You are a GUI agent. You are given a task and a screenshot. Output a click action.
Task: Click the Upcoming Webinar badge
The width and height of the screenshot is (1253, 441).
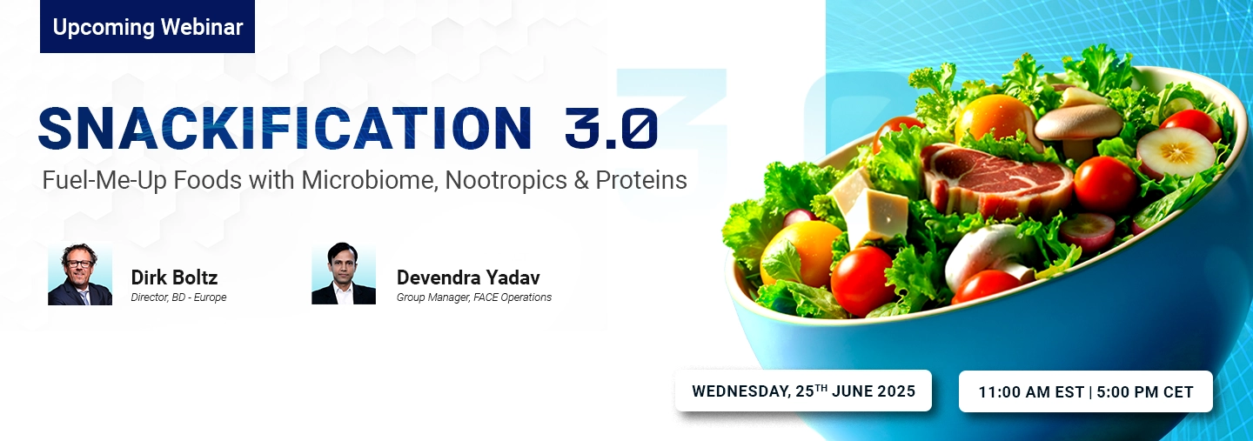(x=147, y=27)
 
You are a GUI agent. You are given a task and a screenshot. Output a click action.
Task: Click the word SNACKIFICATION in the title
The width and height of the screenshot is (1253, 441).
(x=285, y=129)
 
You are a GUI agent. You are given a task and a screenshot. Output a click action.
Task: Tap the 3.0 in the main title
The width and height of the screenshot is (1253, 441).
(x=611, y=129)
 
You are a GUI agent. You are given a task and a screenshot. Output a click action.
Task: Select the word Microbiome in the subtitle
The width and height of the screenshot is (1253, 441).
(x=369, y=181)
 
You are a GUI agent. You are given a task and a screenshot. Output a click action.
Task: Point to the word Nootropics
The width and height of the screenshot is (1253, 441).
(x=506, y=181)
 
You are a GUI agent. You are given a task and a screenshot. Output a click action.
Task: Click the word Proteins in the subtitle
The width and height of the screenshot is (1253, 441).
(x=641, y=181)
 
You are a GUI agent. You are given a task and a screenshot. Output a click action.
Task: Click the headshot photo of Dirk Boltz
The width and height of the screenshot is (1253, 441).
(x=80, y=273)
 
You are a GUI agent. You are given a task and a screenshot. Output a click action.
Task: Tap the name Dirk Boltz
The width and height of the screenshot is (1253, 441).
(x=174, y=277)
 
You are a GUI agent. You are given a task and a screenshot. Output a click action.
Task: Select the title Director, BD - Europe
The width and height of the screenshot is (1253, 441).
(x=178, y=297)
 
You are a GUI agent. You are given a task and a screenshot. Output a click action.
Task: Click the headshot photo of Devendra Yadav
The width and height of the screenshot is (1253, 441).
(x=344, y=273)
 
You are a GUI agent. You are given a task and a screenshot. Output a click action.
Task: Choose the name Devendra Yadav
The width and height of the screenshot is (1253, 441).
(x=468, y=277)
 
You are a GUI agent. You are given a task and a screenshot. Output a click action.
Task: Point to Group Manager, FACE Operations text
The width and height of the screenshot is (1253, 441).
(x=473, y=297)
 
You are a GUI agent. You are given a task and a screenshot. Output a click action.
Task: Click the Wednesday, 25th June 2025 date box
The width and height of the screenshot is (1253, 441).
(x=803, y=391)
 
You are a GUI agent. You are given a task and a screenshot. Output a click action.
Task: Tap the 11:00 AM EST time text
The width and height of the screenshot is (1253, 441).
(x=1031, y=392)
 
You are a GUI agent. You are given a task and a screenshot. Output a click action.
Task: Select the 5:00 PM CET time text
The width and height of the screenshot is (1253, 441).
(x=1145, y=392)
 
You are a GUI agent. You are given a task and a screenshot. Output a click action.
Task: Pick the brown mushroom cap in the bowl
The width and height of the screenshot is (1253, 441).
(x=1078, y=122)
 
